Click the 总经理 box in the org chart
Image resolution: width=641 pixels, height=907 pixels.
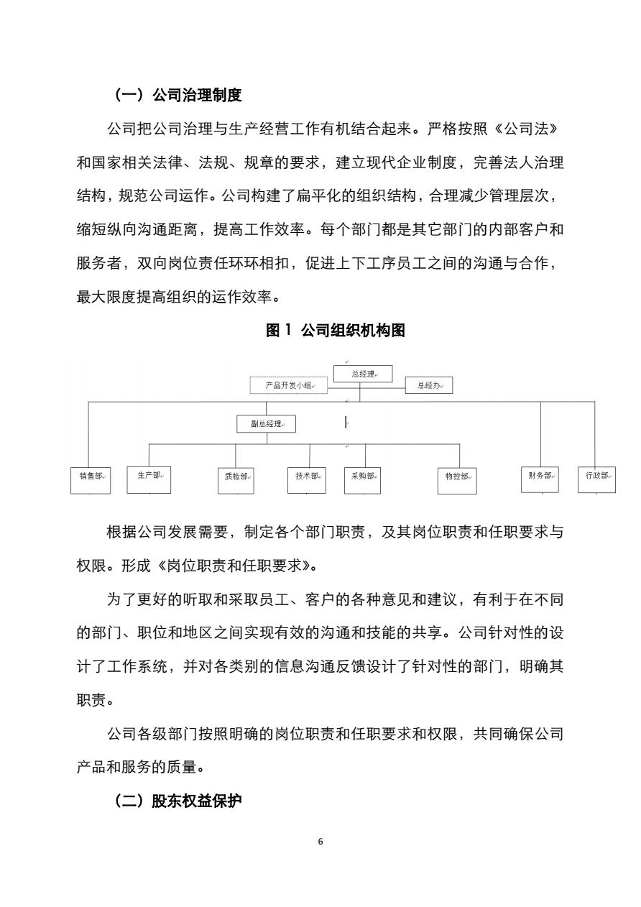(x=363, y=374)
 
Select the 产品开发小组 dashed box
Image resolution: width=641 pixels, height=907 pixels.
(x=289, y=385)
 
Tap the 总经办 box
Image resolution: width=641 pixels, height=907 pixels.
(x=429, y=385)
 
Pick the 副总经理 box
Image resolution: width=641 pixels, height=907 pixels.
(x=266, y=423)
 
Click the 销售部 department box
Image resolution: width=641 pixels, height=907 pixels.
(x=91, y=481)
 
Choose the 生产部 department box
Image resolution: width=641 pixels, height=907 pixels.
(x=149, y=480)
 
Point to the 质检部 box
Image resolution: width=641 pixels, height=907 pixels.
(x=236, y=481)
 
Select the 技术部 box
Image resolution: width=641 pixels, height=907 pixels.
(x=307, y=481)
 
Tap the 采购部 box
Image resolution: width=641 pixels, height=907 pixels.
(x=362, y=481)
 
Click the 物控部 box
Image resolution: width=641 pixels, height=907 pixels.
(x=457, y=481)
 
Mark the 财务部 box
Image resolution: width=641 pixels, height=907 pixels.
(x=540, y=480)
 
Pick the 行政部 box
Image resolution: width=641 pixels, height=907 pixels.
(x=597, y=480)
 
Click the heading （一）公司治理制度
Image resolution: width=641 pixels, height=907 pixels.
(x=177, y=95)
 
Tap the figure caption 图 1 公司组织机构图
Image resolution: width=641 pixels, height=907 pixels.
(x=336, y=330)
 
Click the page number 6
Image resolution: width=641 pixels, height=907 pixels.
(x=320, y=842)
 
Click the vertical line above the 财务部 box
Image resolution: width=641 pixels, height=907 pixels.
(x=541, y=434)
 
